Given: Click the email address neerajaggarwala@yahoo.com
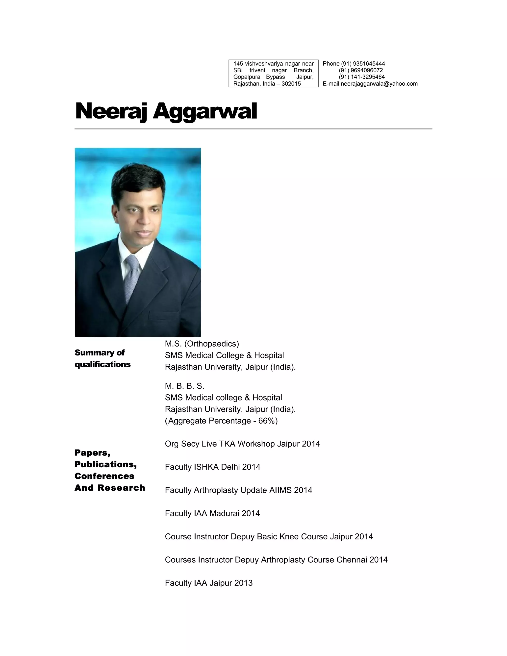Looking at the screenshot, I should coord(379,84).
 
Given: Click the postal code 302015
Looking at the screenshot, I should coord(291,84).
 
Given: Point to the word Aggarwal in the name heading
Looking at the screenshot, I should coord(205,111).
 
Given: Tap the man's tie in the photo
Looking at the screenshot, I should coord(132,276).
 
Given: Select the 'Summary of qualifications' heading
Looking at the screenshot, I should coord(102,358).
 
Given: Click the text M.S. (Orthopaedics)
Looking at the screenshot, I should coord(202,343).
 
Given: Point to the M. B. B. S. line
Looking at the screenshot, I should coord(184,386).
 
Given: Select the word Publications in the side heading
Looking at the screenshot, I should coord(105,464).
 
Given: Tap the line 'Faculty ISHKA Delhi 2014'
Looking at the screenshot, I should coord(212,467).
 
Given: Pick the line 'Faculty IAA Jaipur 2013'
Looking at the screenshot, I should coord(208,583).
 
